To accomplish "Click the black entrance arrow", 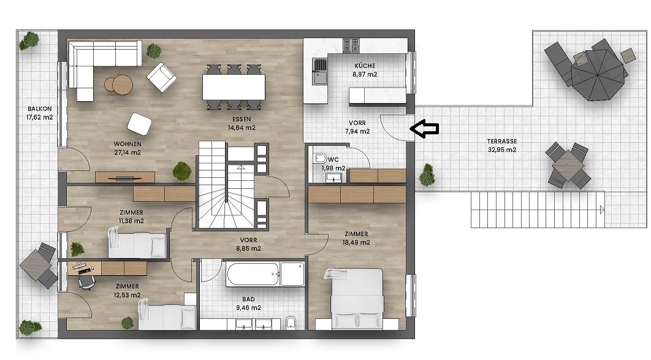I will click(424, 128).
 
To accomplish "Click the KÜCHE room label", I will click(365, 66).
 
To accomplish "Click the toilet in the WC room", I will click(321, 159).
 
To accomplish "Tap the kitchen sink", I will click(319, 65).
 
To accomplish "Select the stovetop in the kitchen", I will click(352, 45).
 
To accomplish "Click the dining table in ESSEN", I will click(234, 86).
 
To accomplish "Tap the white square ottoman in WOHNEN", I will click(139, 124).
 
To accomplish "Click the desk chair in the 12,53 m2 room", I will click(87, 281).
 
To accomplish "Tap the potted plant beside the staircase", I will click(181, 170).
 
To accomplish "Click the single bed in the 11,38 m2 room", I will click(136, 244).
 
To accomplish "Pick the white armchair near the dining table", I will click(162, 77).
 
